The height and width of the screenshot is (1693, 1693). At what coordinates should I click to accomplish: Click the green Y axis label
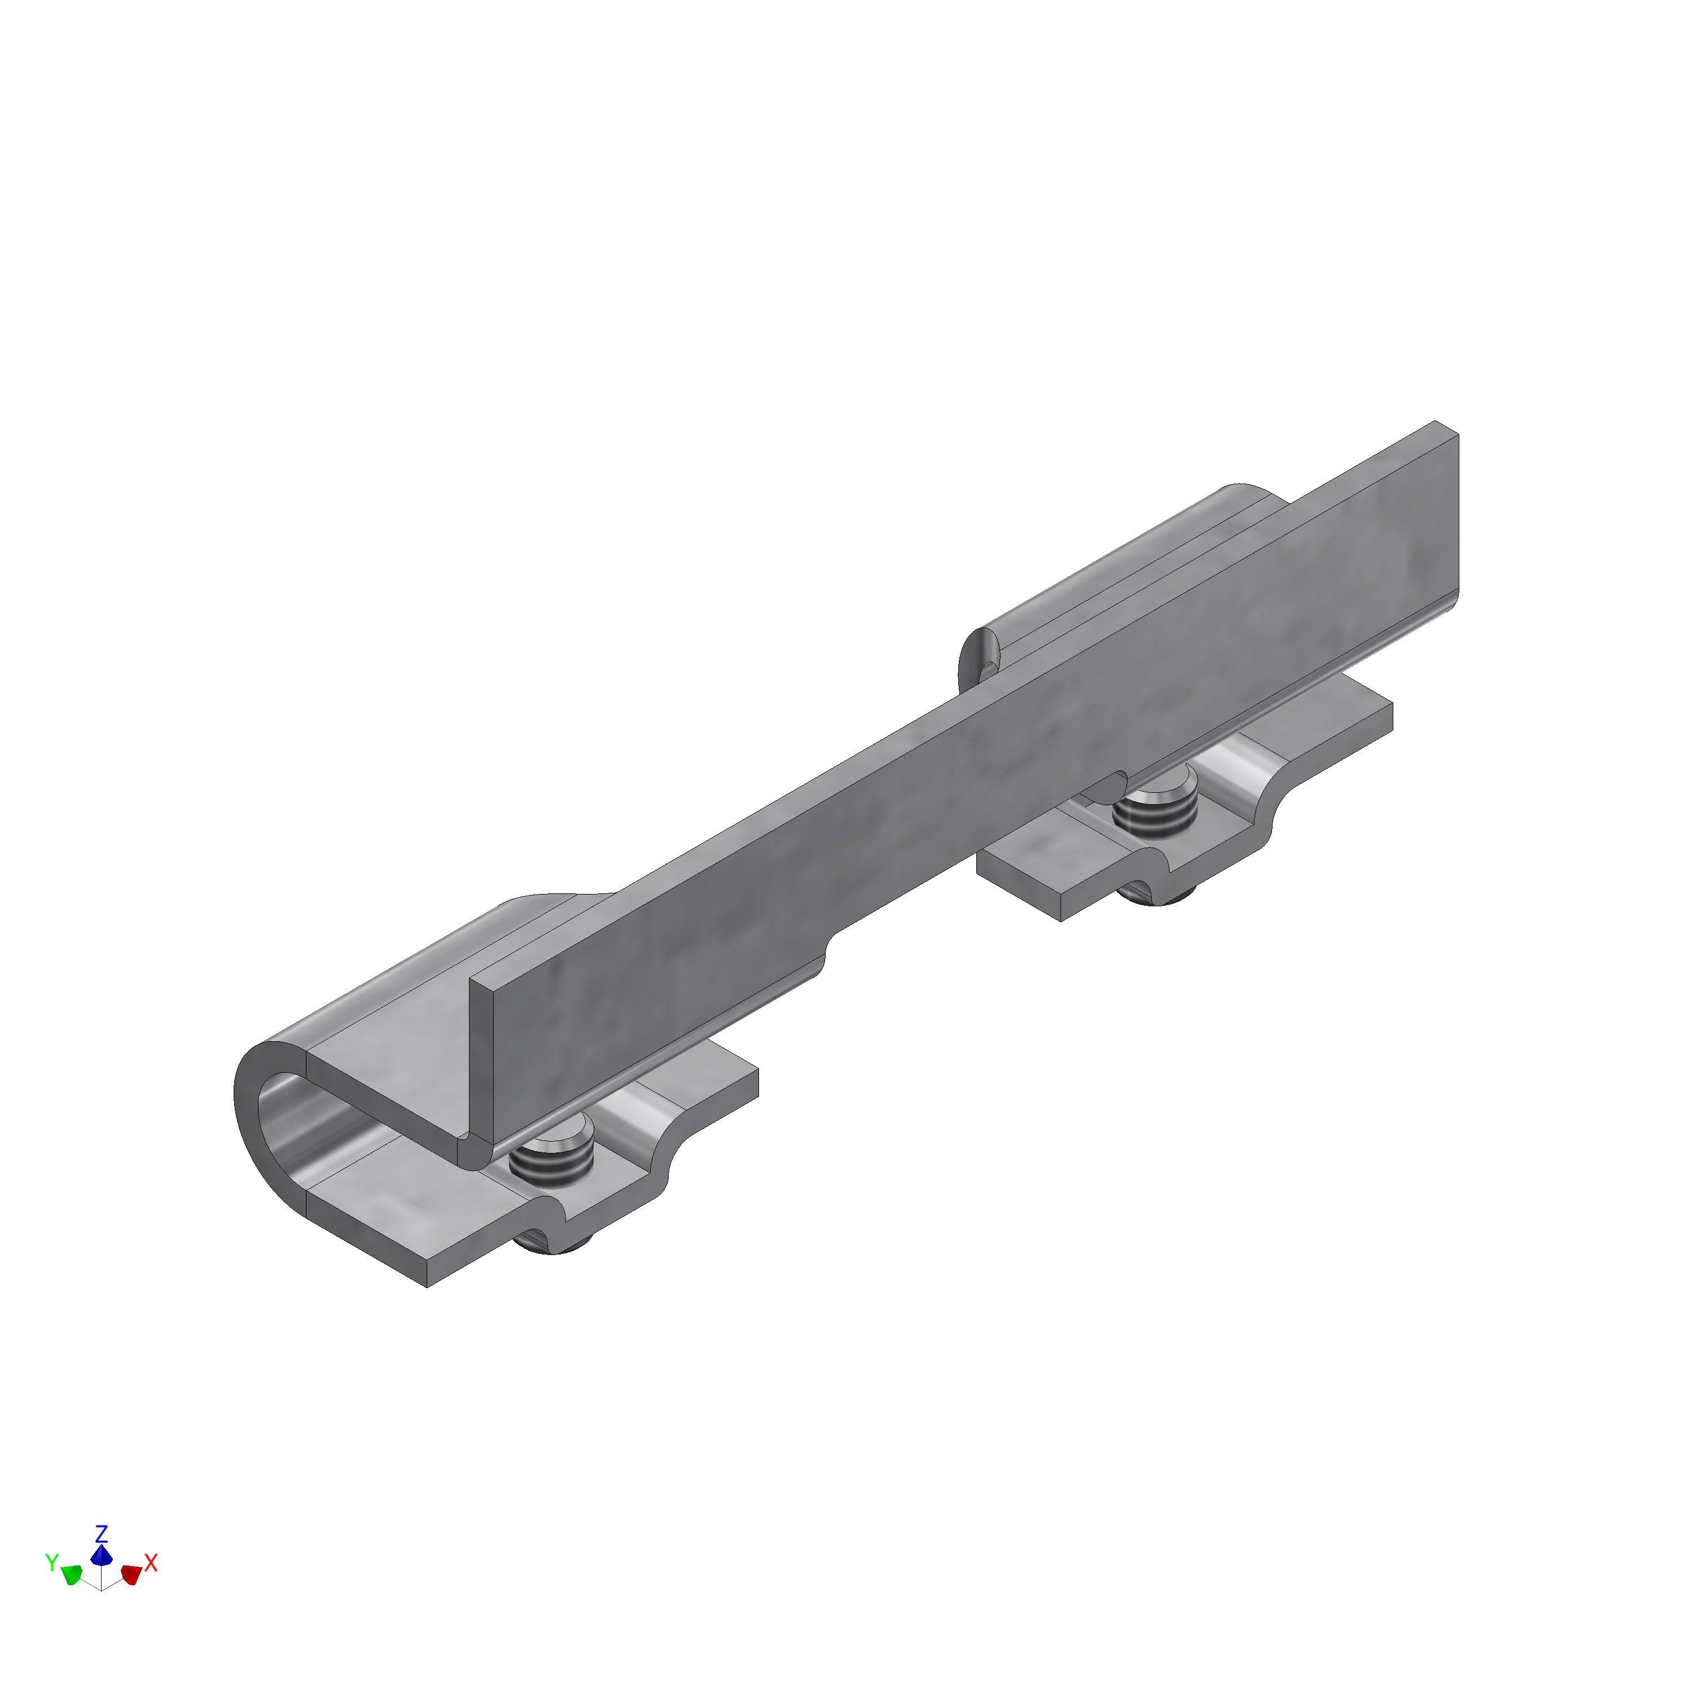[52, 1586]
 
